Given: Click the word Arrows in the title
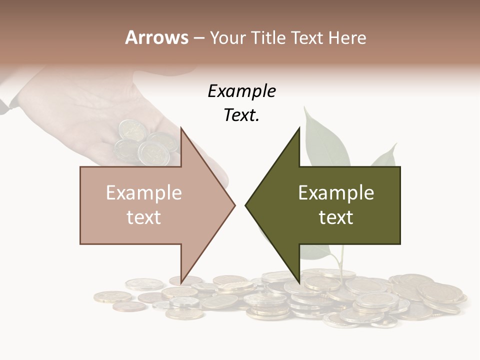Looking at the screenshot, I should point(157,37).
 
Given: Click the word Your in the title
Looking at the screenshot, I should point(228,38).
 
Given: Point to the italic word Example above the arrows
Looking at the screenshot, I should point(241,91).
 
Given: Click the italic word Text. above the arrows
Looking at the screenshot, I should point(241,115).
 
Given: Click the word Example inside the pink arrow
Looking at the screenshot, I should point(144,193).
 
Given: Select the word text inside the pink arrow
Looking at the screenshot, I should point(144,217).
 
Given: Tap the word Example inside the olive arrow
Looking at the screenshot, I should point(336,193).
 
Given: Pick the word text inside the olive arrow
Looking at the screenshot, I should point(336,217).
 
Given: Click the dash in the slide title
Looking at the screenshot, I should point(198,38).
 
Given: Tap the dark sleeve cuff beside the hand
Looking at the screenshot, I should point(5,106).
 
